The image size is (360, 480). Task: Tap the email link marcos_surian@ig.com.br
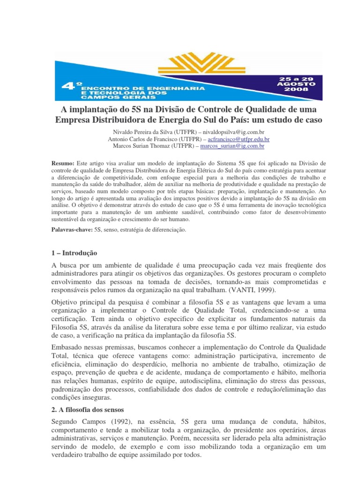(x=232, y=146)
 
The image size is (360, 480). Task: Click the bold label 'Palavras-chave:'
(x=72, y=230)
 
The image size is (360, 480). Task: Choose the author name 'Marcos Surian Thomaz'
(x=142, y=146)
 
